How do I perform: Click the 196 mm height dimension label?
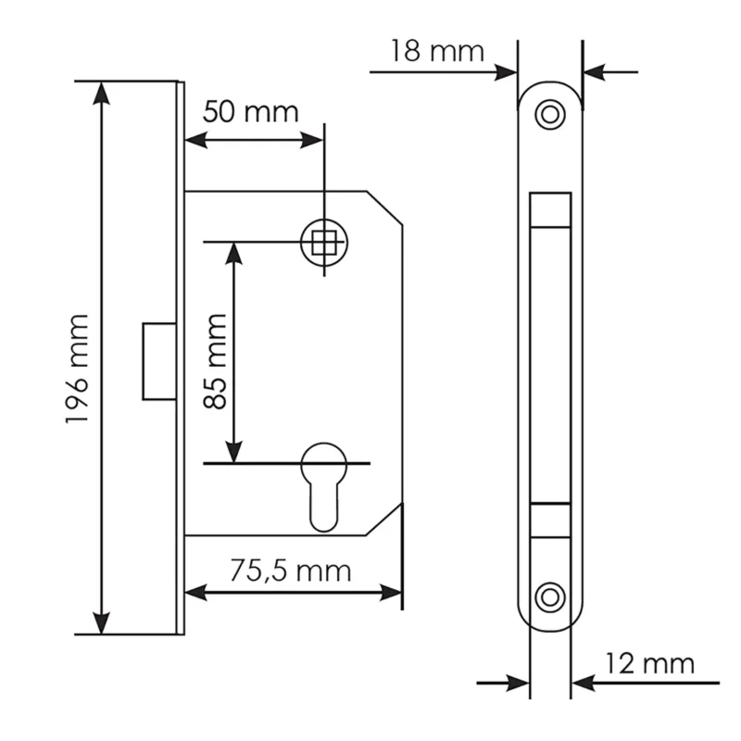point(77,369)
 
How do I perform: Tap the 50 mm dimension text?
point(250,112)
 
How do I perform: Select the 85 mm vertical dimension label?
point(215,361)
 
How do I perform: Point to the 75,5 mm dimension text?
point(291,571)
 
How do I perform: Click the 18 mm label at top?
point(437,51)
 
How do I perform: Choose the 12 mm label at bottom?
point(650,663)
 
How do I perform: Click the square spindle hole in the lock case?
point(323,243)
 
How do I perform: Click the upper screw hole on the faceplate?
point(550,114)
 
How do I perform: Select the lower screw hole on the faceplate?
point(550,597)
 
